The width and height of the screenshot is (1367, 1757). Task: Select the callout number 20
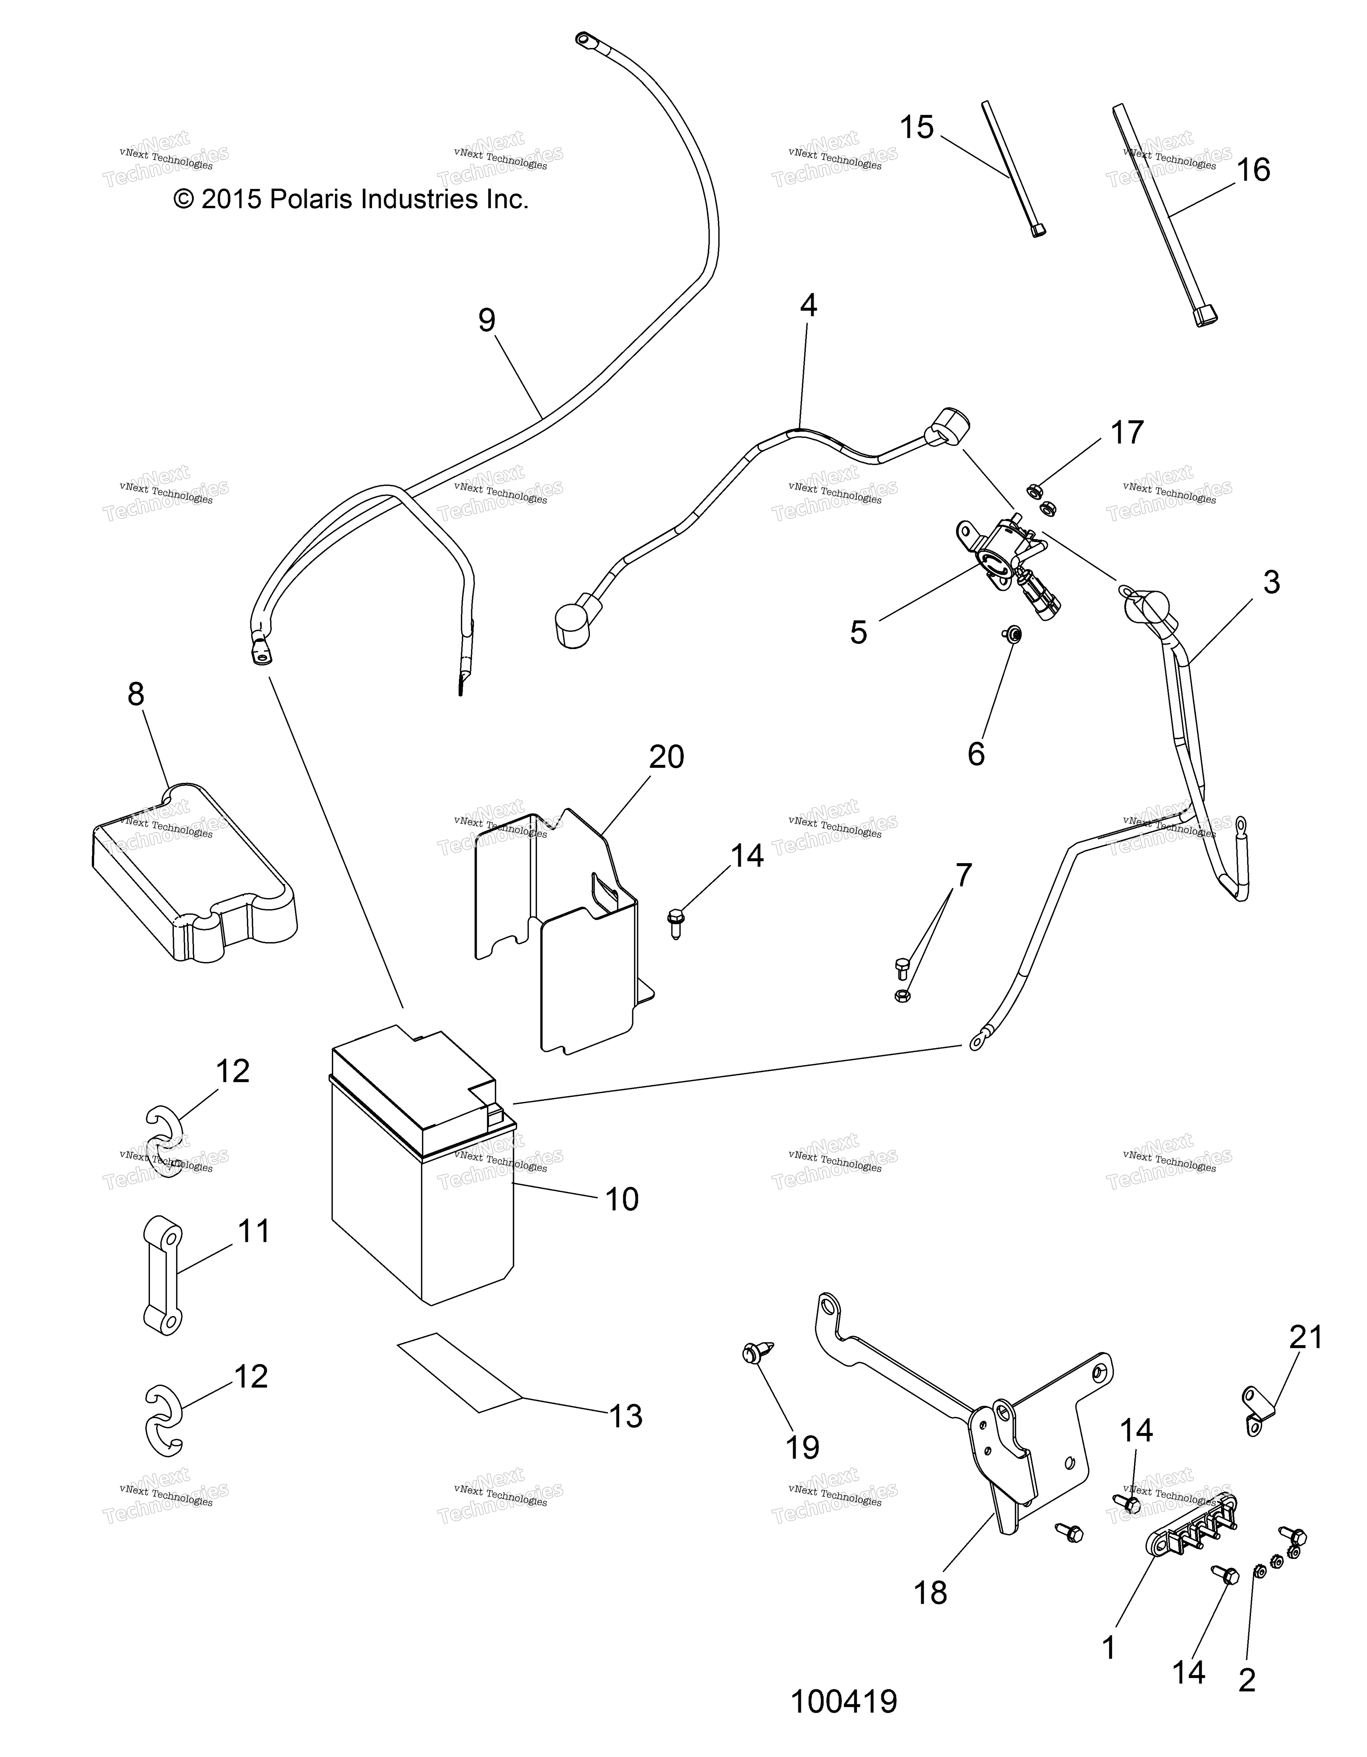point(666,757)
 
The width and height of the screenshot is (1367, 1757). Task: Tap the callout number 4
point(809,306)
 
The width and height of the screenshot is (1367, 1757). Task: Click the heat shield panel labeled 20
point(563,933)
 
